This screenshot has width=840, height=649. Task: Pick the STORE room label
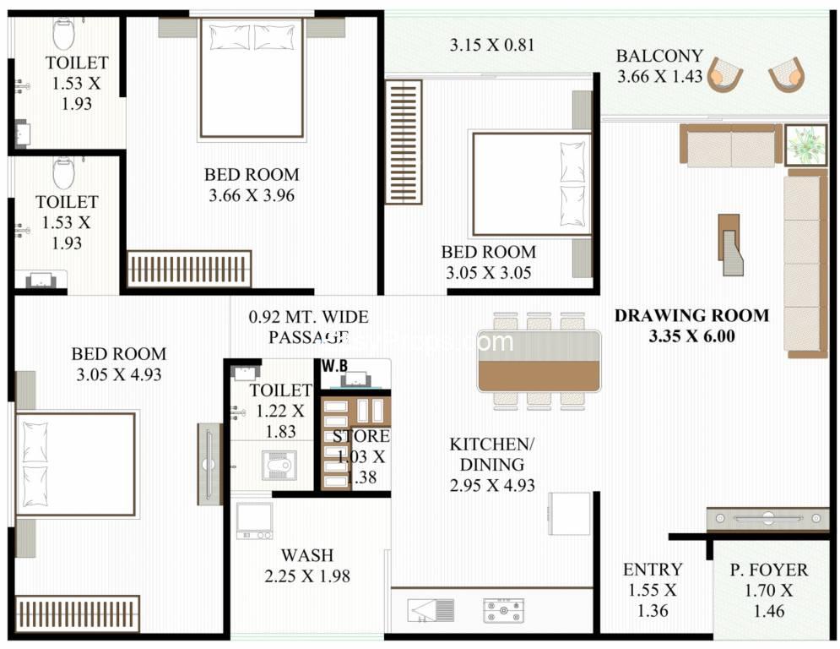point(360,436)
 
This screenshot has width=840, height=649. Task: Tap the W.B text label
point(334,366)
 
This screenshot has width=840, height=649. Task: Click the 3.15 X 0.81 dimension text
point(491,45)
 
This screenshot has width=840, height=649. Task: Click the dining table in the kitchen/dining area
point(539,361)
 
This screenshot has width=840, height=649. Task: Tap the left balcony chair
point(725,74)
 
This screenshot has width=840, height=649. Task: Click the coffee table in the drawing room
point(730,245)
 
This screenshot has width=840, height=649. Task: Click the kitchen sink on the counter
point(431,609)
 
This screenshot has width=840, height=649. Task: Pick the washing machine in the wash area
point(253,521)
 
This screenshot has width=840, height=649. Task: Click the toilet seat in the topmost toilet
point(64,34)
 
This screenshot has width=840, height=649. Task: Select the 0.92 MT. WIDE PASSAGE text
point(309,327)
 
